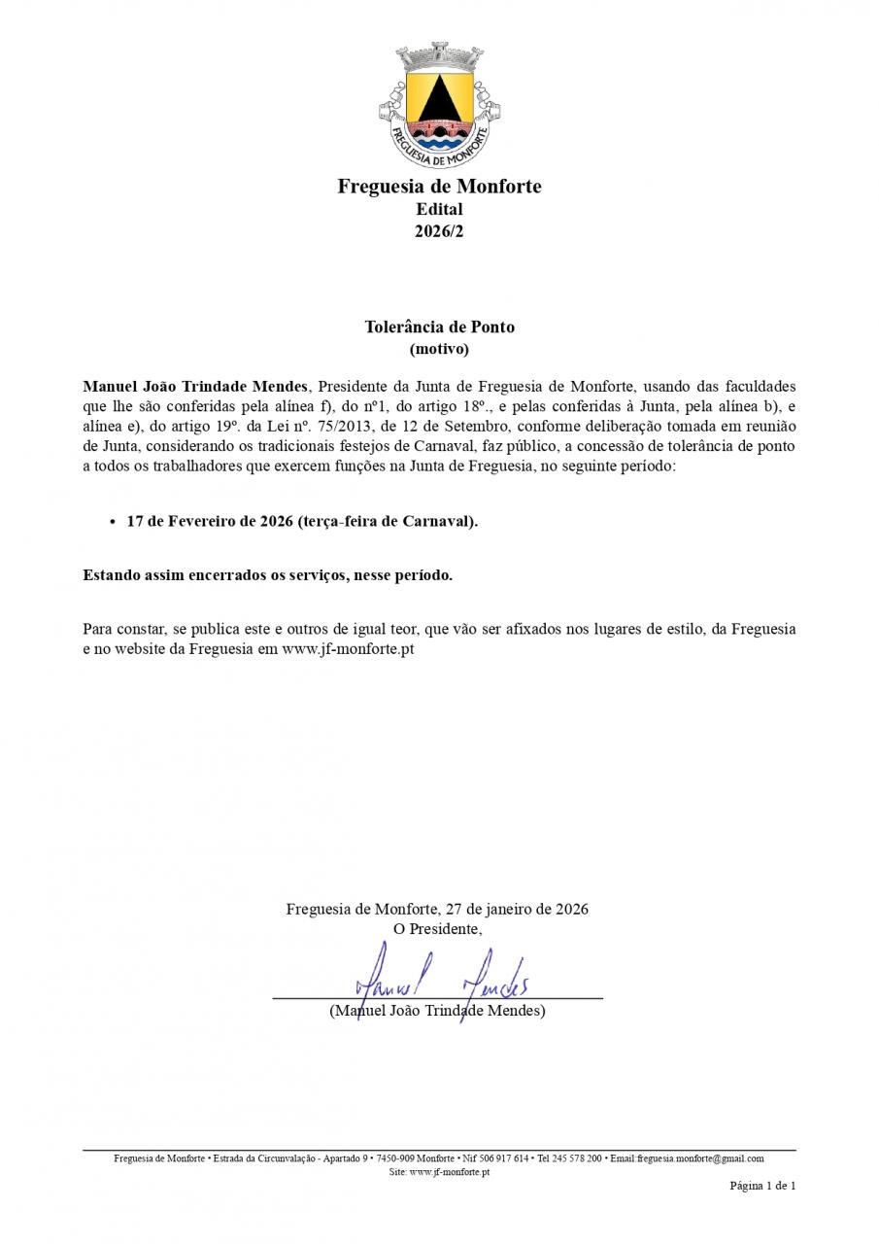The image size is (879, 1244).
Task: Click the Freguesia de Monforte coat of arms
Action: pos(439,107)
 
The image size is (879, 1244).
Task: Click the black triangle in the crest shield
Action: pos(439,97)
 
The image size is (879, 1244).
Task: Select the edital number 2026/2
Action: pos(439,231)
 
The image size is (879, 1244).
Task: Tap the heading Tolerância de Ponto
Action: pos(439,327)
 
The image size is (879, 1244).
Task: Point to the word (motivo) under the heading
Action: pos(439,348)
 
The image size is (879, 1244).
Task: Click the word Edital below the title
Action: pos(439,209)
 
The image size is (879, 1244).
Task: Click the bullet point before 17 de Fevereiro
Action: pos(113,522)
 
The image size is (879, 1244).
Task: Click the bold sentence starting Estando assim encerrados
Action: pos(267,575)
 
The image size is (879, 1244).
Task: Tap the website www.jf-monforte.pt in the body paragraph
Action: pos(348,648)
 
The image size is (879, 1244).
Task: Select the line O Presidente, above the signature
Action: pos(437,929)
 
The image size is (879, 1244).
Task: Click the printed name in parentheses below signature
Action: pos(437,1011)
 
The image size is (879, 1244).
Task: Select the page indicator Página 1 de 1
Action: pos(762,1186)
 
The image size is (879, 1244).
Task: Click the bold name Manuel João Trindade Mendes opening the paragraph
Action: pos(194,386)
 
